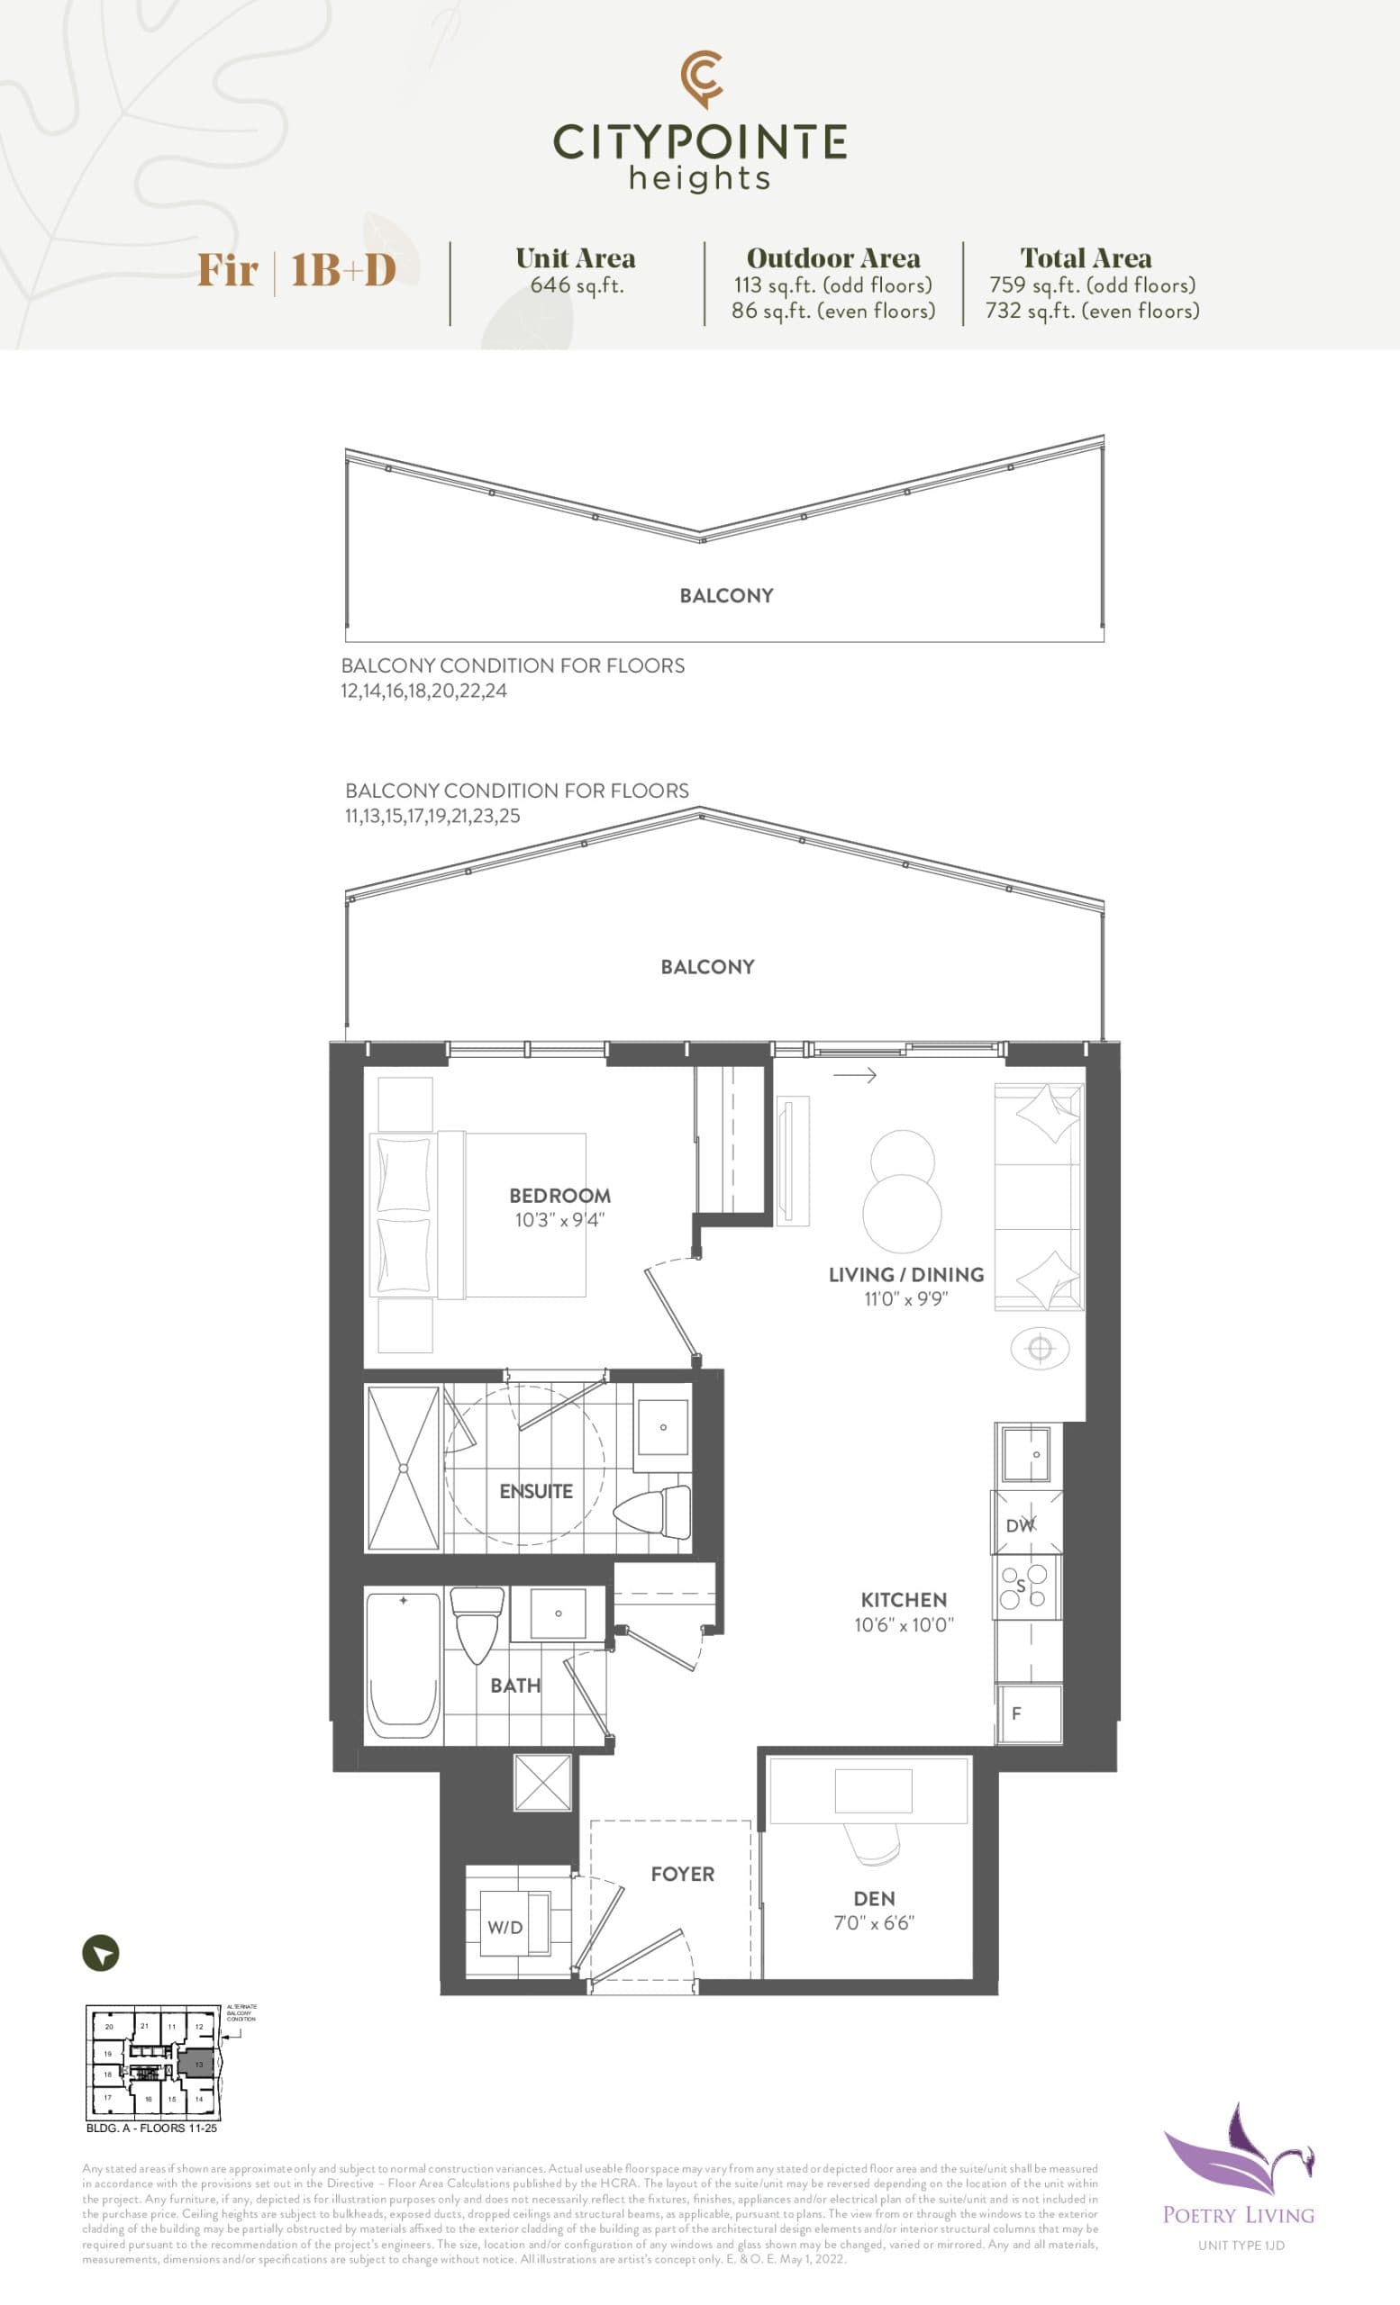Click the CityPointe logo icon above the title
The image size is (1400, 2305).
point(701,78)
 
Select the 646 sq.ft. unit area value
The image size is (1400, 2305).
point(577,285)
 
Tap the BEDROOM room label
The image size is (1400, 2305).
point(559,1196)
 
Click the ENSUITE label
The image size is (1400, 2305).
point(535,1491)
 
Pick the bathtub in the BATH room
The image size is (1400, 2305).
point(403,1666)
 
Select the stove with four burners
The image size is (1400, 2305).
point(1025,1586)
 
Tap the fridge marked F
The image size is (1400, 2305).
point(1028,1713)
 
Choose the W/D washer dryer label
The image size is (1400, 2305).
point(505,1927)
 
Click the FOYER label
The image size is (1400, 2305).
point(682,1874)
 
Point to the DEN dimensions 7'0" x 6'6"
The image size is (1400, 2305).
point(873,1923)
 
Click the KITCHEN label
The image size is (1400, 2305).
point(903,1600)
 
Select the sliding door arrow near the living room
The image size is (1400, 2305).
point(854,1076)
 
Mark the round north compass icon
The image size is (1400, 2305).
point(101,1953)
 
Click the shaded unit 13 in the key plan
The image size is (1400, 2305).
point(198,2064)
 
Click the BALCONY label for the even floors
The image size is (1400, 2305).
point(726,596)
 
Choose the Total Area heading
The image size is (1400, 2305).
point(1086,258)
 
